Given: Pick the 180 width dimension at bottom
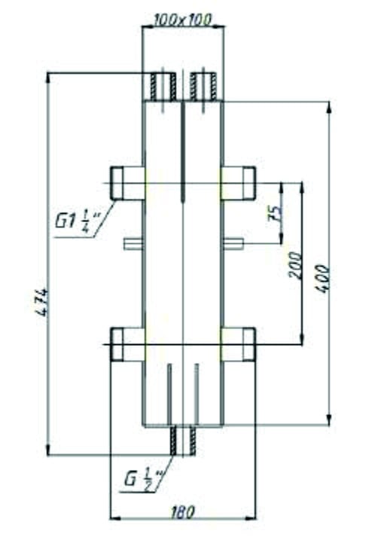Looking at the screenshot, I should coord(182,512).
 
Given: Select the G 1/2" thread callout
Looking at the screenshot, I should coord(140,480).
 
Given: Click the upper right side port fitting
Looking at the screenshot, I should coord(239,183).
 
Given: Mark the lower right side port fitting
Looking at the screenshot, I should coord(239,344).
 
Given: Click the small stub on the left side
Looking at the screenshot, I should coord(133,242).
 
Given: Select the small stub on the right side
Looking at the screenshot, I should coord(233,242).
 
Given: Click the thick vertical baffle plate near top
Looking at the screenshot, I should coord(183,151).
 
